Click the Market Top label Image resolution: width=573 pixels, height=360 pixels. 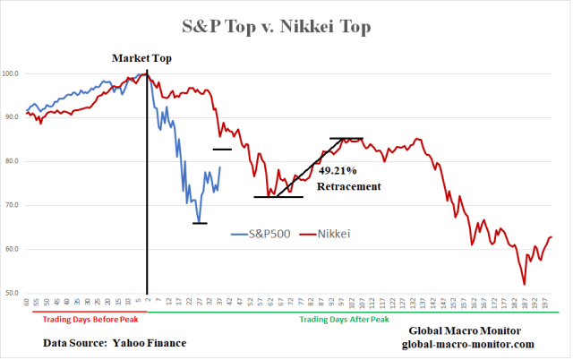point(141,58)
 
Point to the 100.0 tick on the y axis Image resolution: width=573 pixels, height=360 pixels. point(13,73)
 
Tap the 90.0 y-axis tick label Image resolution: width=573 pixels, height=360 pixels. point(13,117)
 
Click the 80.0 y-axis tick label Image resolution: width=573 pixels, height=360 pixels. point(13,161)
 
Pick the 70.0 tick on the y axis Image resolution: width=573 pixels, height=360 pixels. point(13,205)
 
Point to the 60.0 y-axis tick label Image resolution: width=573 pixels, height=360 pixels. point(13,249)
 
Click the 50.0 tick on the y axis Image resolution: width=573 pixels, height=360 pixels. point(13,293)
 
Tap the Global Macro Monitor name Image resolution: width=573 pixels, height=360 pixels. point(466,330)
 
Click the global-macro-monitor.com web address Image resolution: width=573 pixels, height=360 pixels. point(466,344)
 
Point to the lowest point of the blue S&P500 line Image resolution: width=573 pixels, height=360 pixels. point(200,221)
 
